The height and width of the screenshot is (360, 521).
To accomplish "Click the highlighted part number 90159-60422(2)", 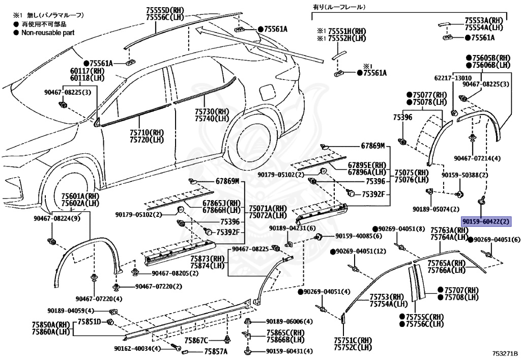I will click(485, 221).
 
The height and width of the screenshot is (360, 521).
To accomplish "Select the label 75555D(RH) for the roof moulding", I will click(165, 10).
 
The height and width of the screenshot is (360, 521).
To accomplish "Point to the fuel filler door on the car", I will click(266, 93).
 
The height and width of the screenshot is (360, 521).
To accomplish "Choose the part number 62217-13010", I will click(452, 78).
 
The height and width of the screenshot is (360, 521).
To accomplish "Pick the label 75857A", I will click(216, 351).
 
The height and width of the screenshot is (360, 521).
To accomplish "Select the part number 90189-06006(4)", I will click(289, 321).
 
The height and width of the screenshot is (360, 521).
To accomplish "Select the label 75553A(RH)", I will click(483, 20).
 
